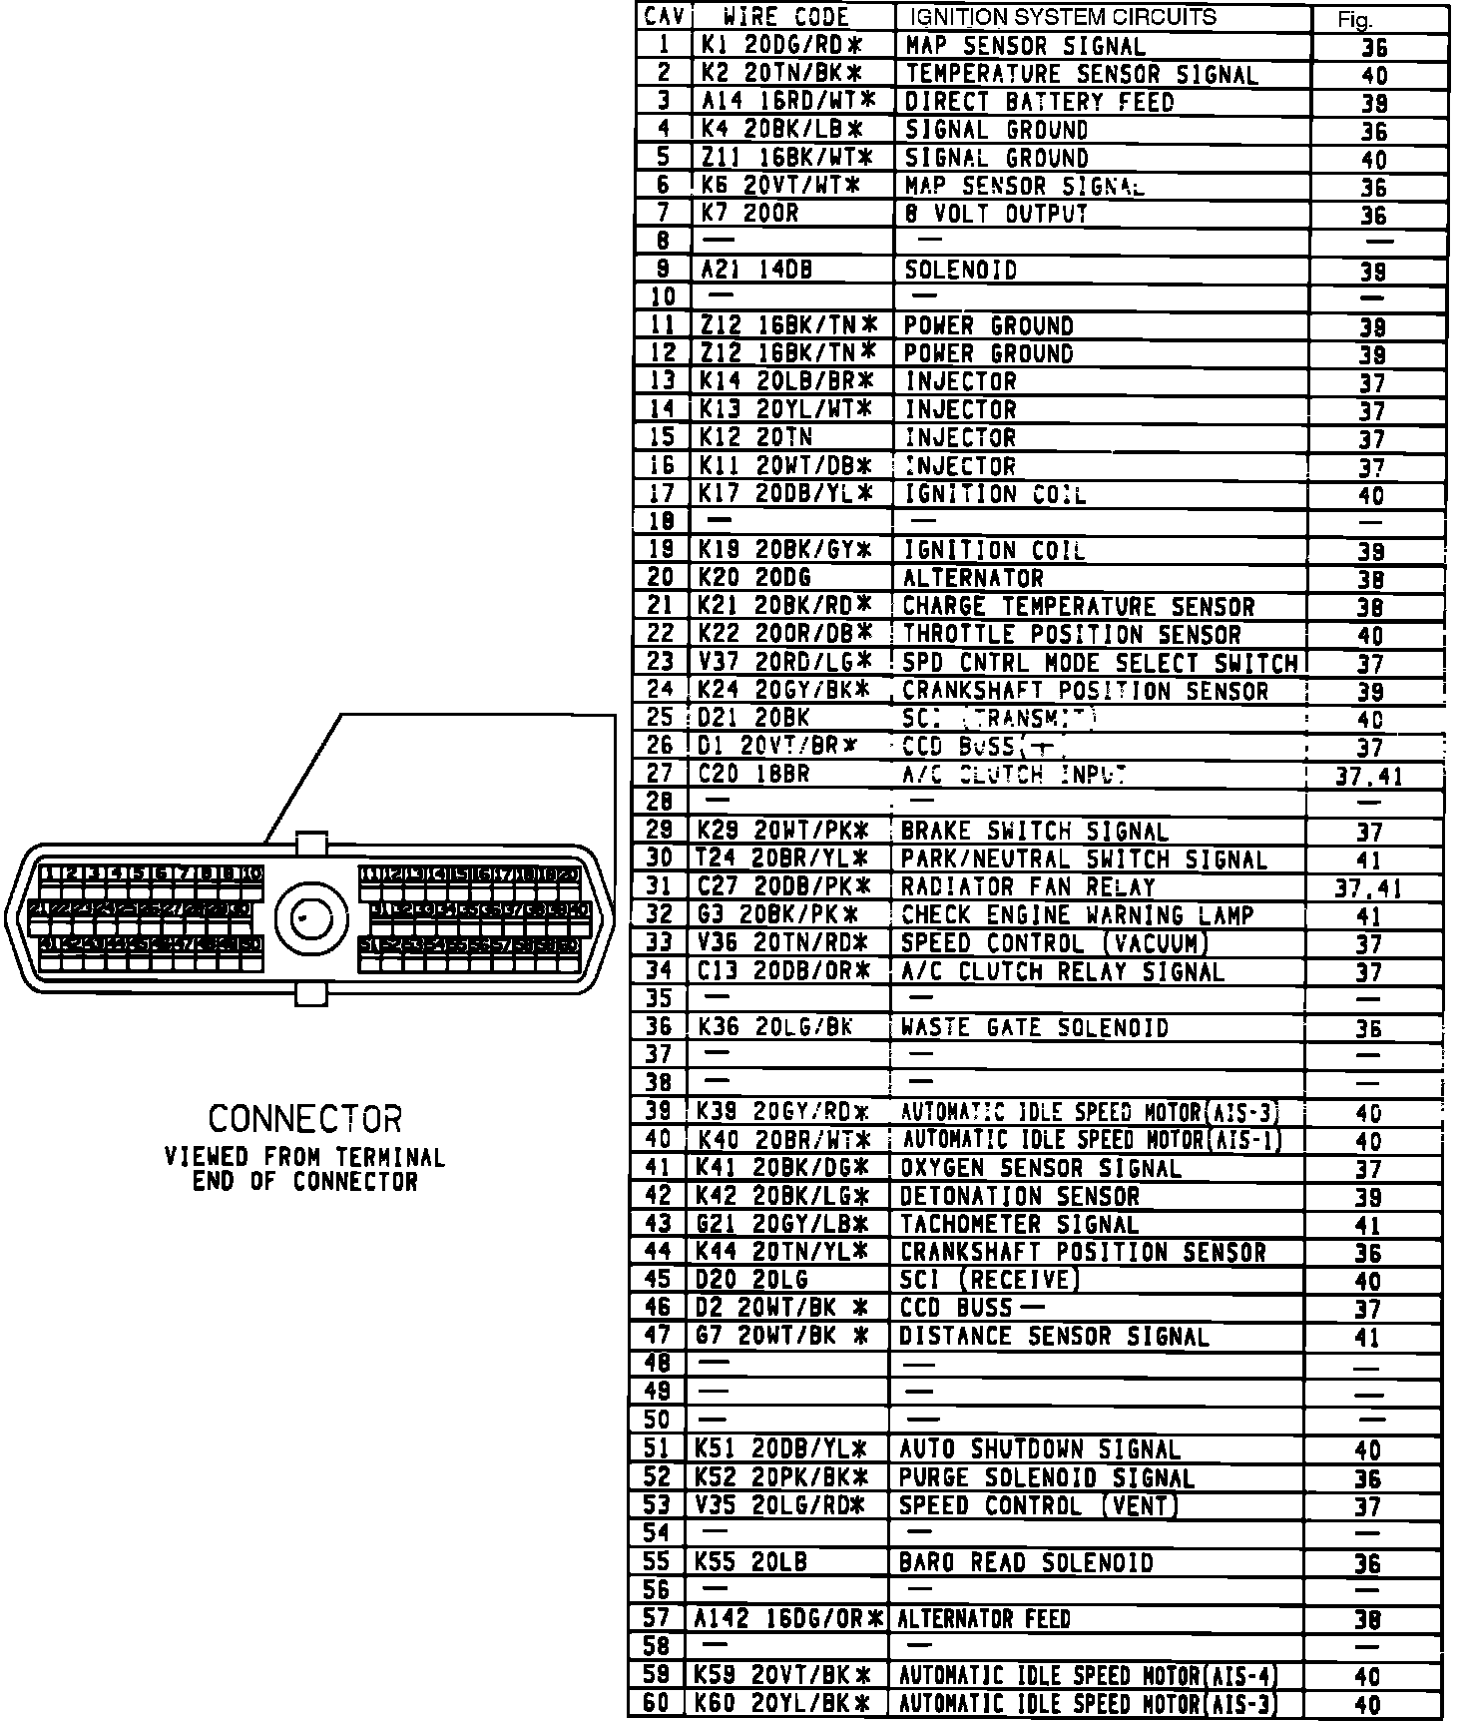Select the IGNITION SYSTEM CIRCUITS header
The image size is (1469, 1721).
[1061, 17]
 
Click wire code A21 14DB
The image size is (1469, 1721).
[749, 270]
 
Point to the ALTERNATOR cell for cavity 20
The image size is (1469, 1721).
[972, 578]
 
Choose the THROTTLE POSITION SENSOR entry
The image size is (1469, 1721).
[1071, 634]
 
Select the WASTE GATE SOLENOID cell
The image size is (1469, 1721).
[1033, 1027]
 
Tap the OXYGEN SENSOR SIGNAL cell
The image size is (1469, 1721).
[1040, 1168]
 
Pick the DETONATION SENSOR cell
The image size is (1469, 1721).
[1019, 1196]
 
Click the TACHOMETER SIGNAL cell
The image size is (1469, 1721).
[1019, 1224]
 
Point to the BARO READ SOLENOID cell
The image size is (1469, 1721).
[1026, 1562]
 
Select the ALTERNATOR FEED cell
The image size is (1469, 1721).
[984, 1619]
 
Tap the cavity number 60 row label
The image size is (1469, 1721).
[656, 1703]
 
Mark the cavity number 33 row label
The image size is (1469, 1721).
[660, 942]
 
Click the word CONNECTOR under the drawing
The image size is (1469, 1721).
[304, 1118]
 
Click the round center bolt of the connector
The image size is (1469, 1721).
[304, 919]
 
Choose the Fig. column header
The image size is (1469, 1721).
[1357, 19]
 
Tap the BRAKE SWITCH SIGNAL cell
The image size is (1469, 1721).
[1033, 831]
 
